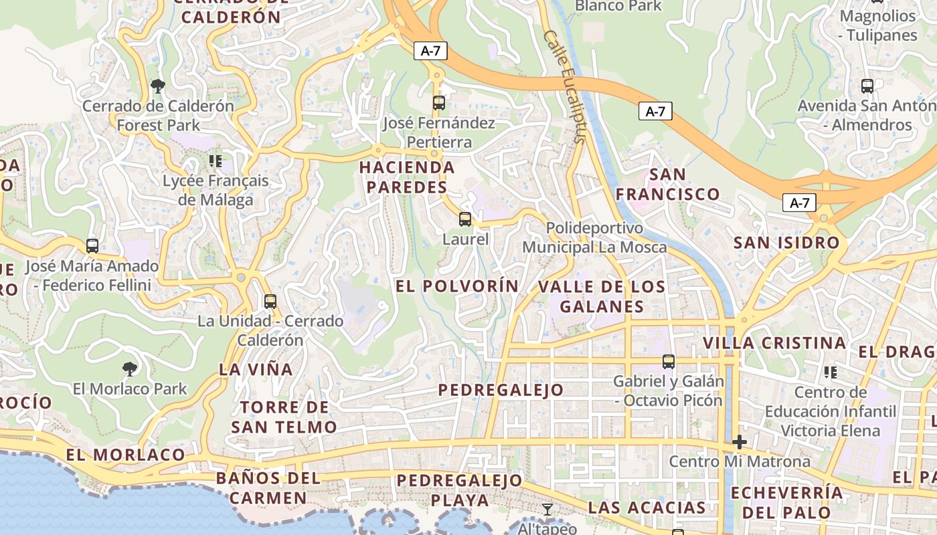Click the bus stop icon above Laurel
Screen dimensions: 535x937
tap(464, 219)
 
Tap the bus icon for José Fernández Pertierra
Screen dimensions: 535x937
tap(438, 103)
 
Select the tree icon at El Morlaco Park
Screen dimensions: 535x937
tap(130, 368)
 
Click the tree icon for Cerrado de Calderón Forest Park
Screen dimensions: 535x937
tap(158, 86)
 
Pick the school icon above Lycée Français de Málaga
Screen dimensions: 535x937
tap(215, 160)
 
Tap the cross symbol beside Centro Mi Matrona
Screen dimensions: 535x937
tap(740, 442)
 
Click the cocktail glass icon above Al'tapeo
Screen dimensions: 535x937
tap(547, 510)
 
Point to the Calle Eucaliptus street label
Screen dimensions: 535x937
tap(565, 86)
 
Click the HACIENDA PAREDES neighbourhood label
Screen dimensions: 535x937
tap(407, 177)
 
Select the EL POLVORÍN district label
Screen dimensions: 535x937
tap(457, 286)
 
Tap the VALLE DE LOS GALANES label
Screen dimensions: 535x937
tap(602, 297)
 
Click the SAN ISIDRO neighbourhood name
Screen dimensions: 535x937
tap(786, 243)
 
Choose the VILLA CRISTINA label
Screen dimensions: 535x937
tap(774, 343)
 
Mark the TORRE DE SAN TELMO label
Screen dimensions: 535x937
tap(284, 417)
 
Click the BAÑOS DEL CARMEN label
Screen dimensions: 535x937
tap(268, 488)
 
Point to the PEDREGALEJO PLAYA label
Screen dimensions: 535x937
tap(459, 490)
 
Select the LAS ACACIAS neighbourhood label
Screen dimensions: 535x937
tap(647, 508)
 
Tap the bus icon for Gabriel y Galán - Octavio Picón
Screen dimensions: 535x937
tap(668, 362)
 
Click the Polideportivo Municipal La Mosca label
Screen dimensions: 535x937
tap(594, 237)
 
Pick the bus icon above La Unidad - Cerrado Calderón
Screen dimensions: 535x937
tap(270, 302)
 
